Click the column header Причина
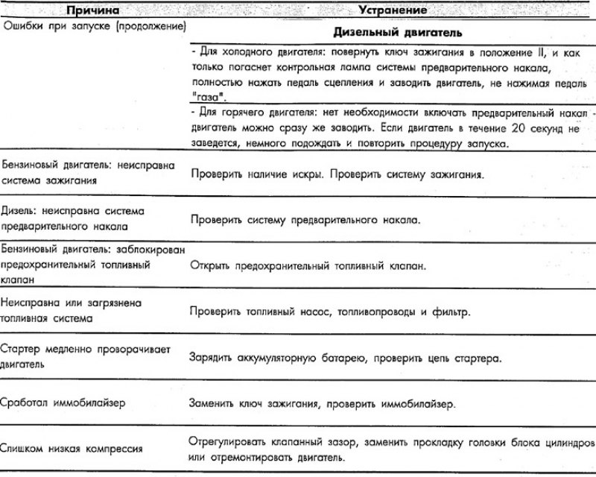tap(89, 10)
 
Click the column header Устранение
tap(393, 10)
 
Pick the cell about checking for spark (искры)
tap(337, 177)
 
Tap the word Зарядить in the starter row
tap(215, 358)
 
